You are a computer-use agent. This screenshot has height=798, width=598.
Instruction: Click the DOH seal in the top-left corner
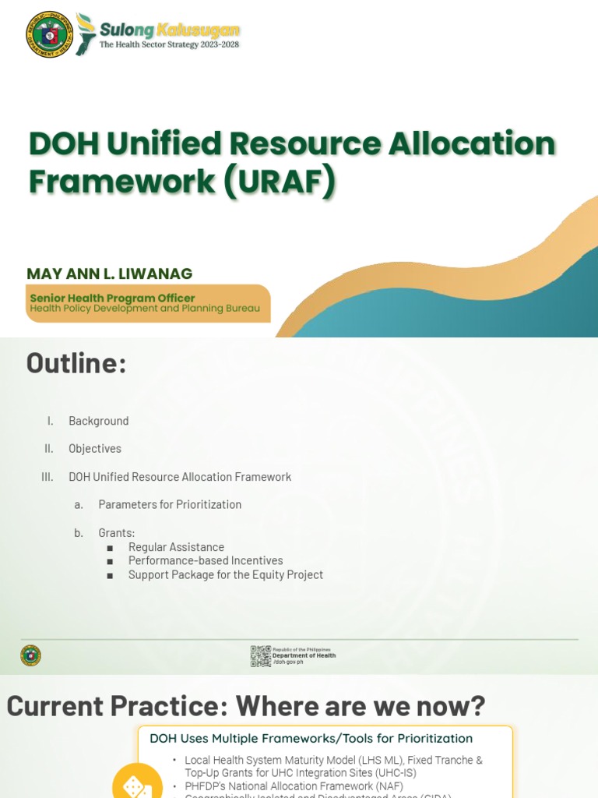tap(48, 34)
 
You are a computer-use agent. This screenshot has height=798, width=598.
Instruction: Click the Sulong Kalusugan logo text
tap(169, 30)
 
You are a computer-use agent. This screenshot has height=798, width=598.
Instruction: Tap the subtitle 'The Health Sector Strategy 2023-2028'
tap(169, 45)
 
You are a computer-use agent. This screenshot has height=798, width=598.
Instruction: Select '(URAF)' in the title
tap(280, 181)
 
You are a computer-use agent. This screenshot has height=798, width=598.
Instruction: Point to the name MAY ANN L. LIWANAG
tap(109, 274)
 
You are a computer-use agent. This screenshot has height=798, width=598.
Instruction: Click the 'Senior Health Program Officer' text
tap(112, 298)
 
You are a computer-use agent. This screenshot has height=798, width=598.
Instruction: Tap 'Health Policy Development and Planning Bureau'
tap(145, 309)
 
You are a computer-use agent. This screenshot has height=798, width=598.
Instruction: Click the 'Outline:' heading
tap(76, 363)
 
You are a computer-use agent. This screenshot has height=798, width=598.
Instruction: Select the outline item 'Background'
tap(98, 421)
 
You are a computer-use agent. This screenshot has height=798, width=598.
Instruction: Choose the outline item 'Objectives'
tap(95, 449)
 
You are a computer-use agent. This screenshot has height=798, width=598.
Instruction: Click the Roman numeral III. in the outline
tap(47, 477)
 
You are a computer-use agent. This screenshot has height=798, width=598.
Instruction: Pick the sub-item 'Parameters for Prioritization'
tap(170, 505)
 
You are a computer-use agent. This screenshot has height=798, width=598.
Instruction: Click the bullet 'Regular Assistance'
tap(176, 547)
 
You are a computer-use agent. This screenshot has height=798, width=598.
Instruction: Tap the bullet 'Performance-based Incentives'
tap(206, 561)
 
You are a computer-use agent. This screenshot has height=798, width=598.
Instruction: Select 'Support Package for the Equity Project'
tap(225, 575)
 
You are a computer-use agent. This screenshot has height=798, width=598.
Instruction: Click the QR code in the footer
tap(260, 656)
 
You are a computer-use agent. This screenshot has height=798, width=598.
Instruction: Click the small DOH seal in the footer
tap(30, 655)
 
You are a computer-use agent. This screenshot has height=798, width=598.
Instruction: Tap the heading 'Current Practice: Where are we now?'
tap(246, 706)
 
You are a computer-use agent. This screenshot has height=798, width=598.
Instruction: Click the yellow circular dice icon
tap(137, 782)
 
